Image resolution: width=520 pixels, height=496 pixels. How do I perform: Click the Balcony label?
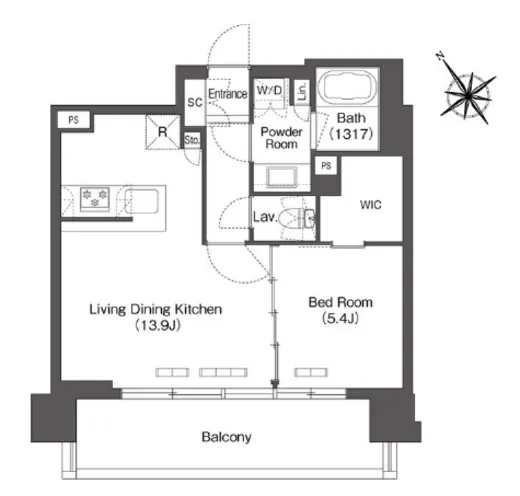[226, 437]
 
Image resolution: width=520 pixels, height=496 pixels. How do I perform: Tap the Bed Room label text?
[340, 302]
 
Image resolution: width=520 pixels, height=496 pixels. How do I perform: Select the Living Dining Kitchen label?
[156, 309]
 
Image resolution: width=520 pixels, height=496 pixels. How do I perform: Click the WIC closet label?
[371, 205]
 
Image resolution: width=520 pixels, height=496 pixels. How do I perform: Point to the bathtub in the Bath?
[348, 86]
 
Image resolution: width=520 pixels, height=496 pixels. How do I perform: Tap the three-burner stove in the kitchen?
[95, 199]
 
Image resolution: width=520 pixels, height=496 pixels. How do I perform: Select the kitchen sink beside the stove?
[141, 201]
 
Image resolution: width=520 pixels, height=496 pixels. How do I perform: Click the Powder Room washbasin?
[281, 177]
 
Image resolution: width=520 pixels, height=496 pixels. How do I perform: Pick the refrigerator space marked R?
[162, 132]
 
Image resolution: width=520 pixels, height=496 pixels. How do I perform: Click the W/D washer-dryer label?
[269, 90]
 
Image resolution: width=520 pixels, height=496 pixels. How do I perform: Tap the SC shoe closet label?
[195, 102]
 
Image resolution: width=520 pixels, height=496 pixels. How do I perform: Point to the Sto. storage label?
[192, 140]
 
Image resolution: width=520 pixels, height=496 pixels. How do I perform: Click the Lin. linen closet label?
[302, 91]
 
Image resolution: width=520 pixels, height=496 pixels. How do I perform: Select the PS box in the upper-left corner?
[74, 120]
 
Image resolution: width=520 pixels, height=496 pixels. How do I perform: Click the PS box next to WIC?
[326, 166]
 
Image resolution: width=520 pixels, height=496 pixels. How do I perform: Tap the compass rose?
[468, 96]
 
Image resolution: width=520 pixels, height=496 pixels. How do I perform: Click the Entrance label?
[228, 94]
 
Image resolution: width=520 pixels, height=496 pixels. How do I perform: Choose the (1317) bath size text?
[351, 134]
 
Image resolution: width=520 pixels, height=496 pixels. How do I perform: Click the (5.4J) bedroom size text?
[340, 319]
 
